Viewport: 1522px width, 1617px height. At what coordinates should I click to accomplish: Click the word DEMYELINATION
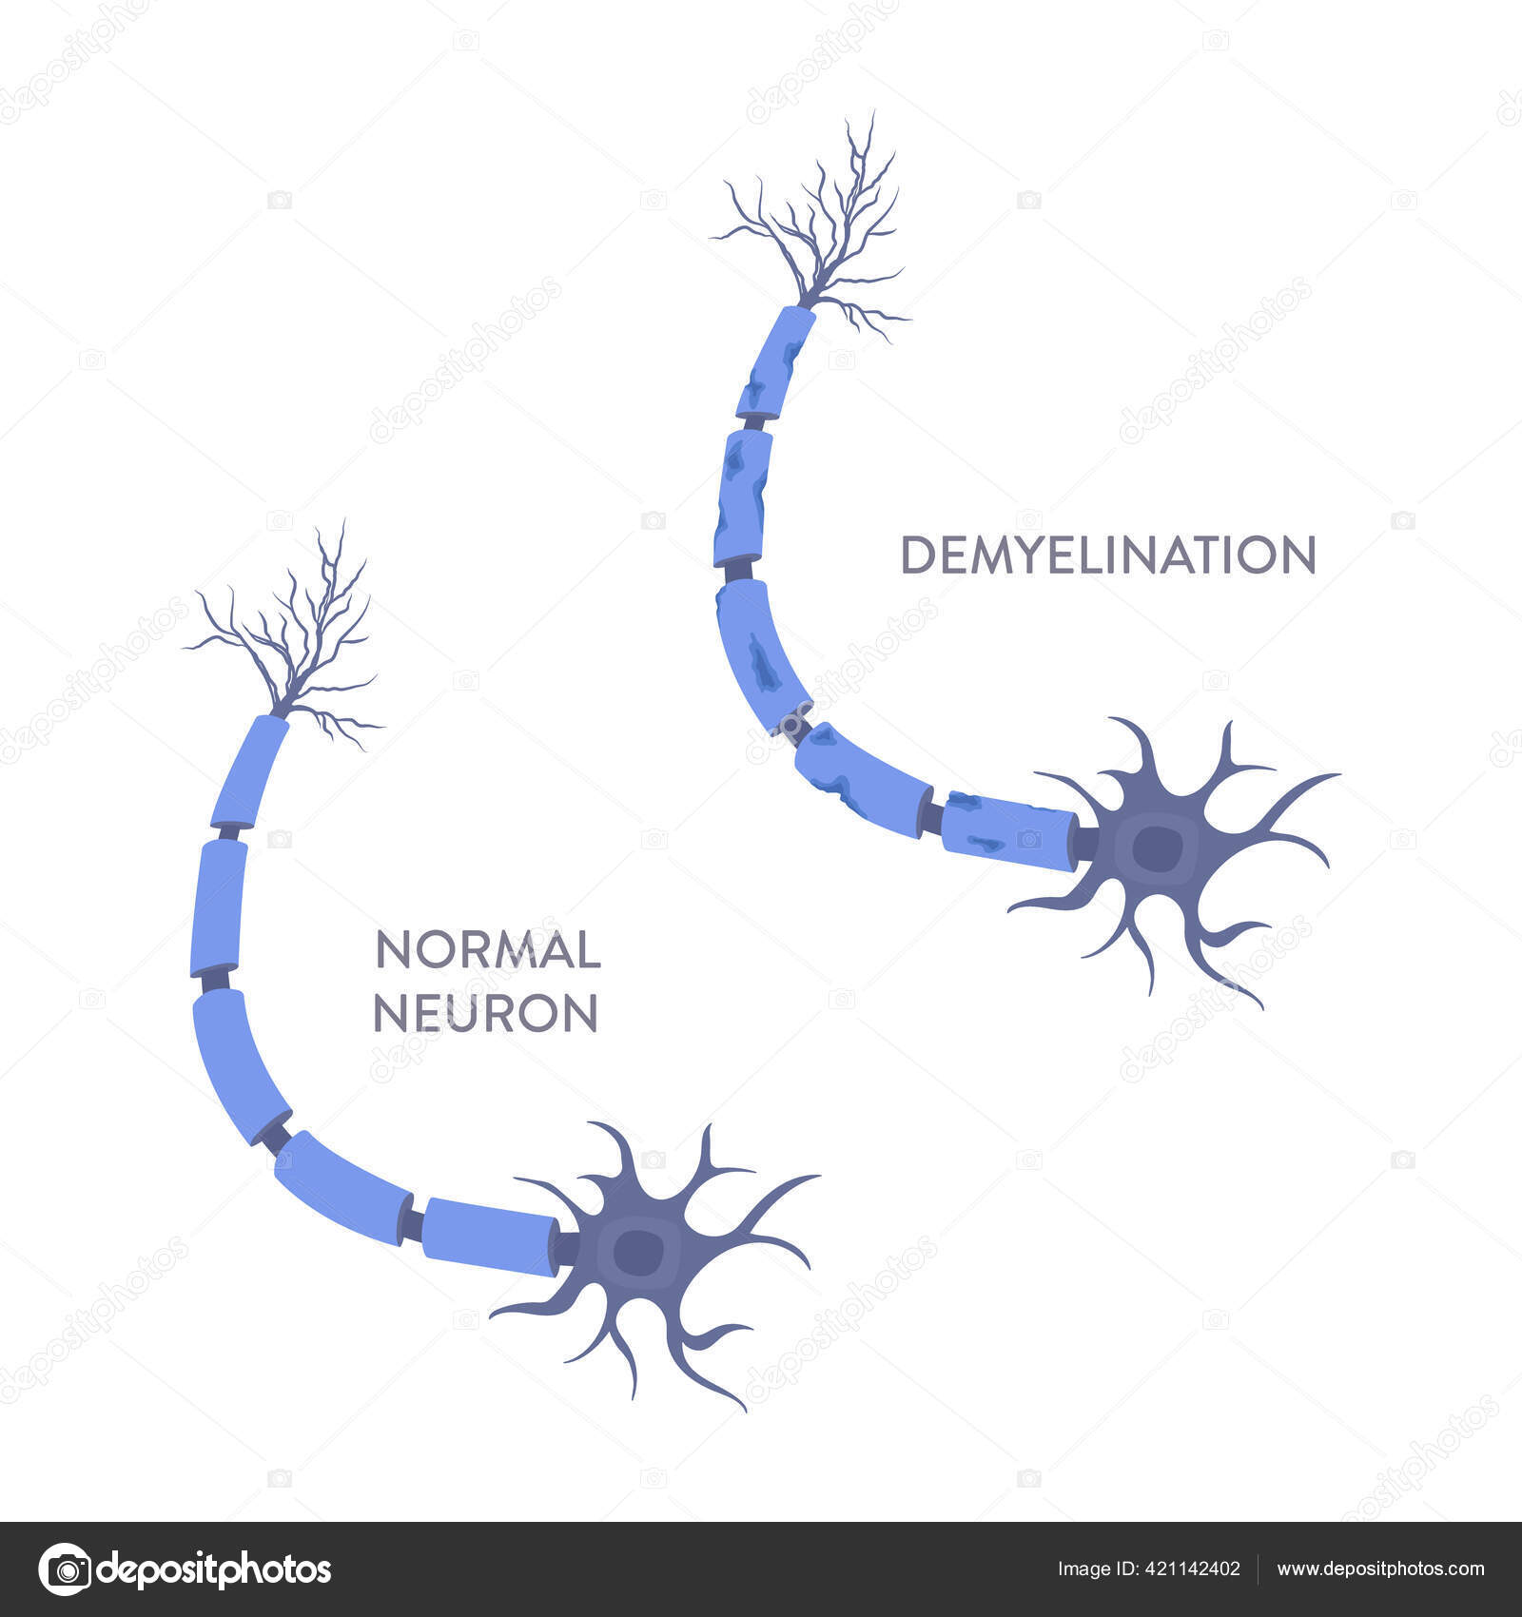(x=1108, y=555)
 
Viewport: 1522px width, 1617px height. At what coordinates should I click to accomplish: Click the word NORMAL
(x=488, y=950)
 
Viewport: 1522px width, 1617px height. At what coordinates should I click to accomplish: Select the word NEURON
(x=485, y=1014)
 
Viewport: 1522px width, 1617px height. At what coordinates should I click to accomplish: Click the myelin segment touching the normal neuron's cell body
(x=488, y=1235)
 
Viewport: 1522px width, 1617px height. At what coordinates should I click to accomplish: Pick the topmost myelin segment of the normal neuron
(x=249, y=772)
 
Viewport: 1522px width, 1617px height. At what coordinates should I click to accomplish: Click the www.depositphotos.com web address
(x=1380, y=1569)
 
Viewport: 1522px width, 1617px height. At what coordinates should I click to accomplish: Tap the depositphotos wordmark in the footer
(x=214, y=1569)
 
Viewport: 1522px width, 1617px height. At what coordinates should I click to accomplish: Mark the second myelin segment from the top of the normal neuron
(x=219, y=906)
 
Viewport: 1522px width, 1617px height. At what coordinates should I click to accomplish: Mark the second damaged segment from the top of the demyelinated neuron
(x=742, y=497)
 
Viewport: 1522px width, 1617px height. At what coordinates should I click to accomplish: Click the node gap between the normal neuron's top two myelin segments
(x=228, y=833)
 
